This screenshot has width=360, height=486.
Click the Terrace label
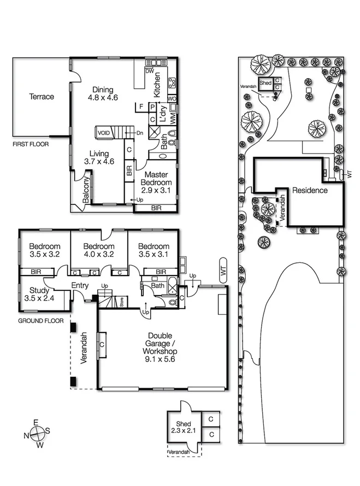(42, 97)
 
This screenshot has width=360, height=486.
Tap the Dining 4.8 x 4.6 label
(102, 94)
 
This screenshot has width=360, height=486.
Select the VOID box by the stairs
(103, 133)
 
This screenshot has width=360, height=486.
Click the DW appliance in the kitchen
(149, 72)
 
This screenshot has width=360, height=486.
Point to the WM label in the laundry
(172, 118)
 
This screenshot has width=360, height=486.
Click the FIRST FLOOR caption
(31, 144)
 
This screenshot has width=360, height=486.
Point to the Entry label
(80, 285)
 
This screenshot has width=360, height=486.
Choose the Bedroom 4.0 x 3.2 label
(99, 250)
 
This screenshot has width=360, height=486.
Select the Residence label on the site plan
(310, 190)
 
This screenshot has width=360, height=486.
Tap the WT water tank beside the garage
(223, 270)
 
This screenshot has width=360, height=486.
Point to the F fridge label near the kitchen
(141, 106)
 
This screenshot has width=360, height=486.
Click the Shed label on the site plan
(265, 83)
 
